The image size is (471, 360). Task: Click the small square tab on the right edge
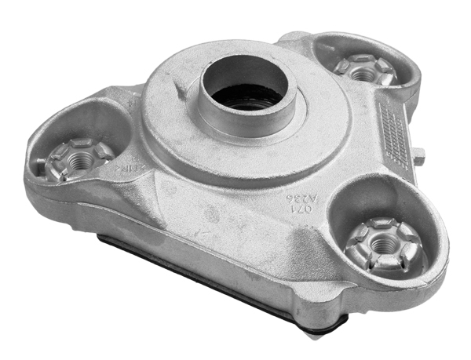pos(419,156)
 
